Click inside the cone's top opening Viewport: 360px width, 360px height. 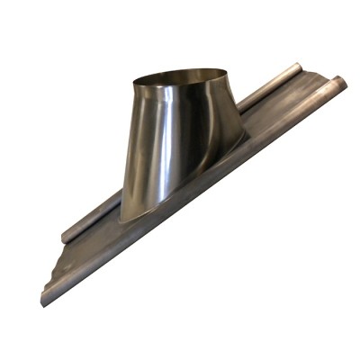click(180, 80)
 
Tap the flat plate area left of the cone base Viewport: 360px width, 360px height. click(99, 243)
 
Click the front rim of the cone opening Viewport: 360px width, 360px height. click(180, 91)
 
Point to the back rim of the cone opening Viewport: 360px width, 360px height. click(180, 69)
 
